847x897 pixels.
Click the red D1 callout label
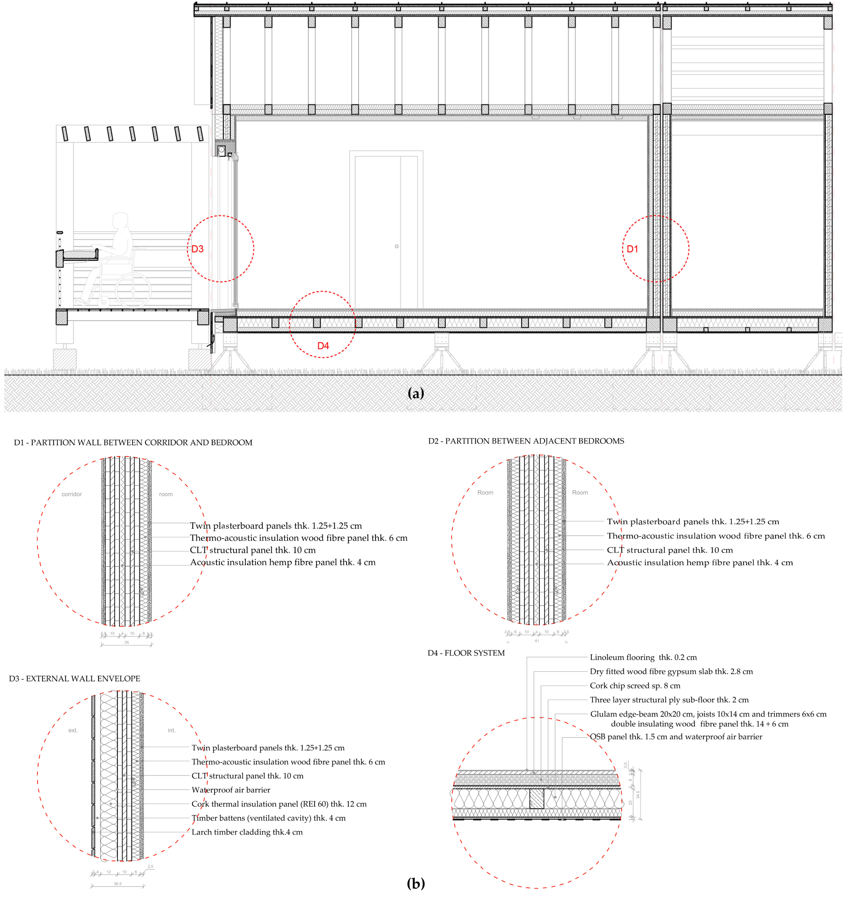(x=632, y=249)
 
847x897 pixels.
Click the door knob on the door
(x=396, y=246)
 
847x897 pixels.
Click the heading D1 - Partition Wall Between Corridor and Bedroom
(x=133, y=443)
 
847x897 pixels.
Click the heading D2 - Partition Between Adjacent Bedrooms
(x=526, y=441)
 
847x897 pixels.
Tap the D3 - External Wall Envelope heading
(x=74, y=678)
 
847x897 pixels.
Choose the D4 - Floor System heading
(x=466, y=653)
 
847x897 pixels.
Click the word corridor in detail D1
(x=72, y=494)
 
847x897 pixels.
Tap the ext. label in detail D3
(x=73, y=730)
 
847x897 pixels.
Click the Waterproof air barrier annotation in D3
(x=231, y=790)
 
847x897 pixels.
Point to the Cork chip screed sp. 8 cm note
(x=635, y=686)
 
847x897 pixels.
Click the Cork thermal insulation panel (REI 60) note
(x=279, y=804)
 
